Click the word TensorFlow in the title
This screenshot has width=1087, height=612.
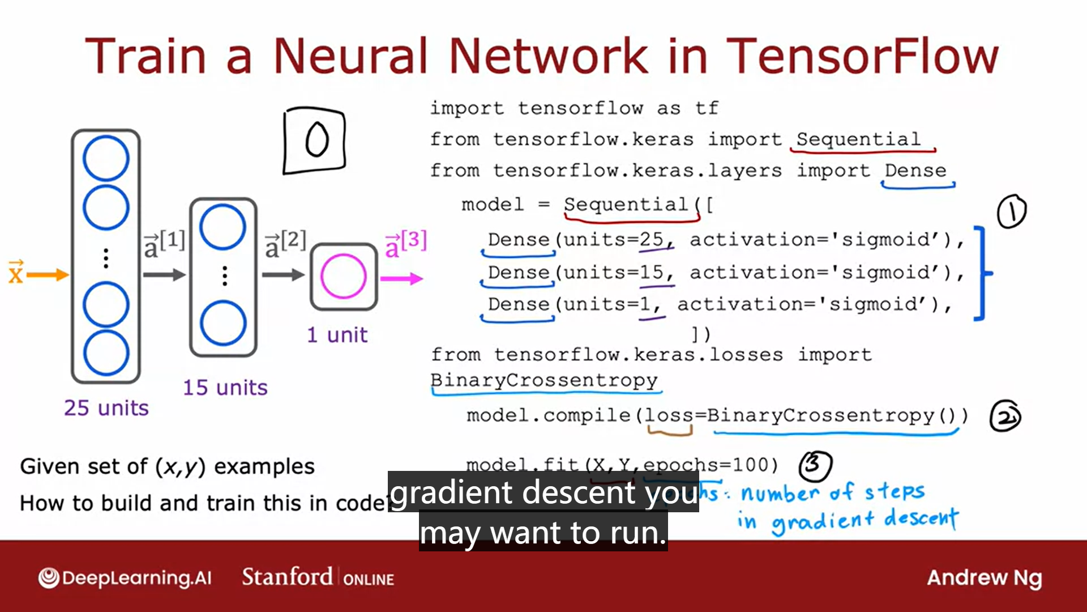point(862,56)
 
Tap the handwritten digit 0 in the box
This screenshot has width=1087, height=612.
point(316,139)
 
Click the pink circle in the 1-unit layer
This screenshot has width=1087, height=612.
point(343,277)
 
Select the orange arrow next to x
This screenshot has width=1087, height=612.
point(47,275)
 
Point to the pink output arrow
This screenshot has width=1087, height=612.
point(401,278)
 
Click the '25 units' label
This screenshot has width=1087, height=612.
point(106,408)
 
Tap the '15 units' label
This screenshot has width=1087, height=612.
point(225,388)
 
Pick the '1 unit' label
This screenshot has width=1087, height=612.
point(337,335)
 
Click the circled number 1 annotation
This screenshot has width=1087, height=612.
point(1011,211)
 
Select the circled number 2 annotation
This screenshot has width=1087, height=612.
point(1005,416)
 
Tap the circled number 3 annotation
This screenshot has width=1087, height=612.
point(815,465)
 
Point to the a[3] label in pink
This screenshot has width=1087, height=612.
point(405,244)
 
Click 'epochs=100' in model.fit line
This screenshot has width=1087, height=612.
point(711,465)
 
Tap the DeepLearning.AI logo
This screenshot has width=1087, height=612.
point(125,578)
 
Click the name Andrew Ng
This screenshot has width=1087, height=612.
point(984,578)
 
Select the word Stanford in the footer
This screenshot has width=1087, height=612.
point(287,577)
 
